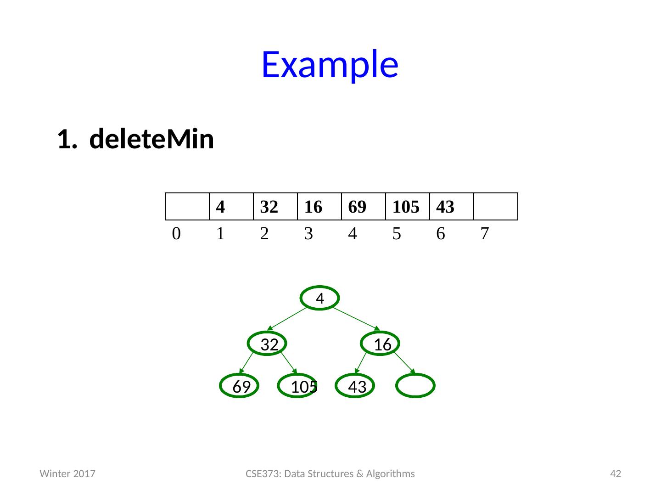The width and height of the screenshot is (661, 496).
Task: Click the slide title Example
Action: [329, 64]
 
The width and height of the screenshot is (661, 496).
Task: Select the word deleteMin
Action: [151, 140]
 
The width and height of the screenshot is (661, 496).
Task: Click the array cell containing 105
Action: [407, 207]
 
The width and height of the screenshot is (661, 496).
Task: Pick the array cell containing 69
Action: [363, 207]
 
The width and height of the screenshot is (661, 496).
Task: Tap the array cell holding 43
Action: [451, 207]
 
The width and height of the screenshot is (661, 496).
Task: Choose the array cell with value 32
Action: [275, 207]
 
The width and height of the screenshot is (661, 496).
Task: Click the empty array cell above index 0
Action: [187, 207]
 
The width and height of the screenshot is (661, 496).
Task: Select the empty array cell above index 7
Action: [495, 207]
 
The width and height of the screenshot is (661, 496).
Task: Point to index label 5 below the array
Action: [397, 234]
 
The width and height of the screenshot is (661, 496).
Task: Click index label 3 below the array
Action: [308, 234]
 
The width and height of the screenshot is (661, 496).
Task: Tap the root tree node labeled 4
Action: [320, 299]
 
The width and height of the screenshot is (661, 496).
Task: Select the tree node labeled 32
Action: [269, 344]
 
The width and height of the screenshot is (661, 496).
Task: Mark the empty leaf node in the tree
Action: [415, 386]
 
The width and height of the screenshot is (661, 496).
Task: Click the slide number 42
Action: [615, 473]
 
